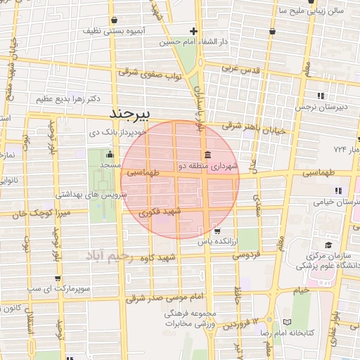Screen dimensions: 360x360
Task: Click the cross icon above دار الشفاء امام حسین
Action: point(193,31)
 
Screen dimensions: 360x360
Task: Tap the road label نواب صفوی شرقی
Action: point(150,73)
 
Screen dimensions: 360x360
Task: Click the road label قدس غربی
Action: point(241,70)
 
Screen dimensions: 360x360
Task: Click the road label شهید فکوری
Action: point(160,211)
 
